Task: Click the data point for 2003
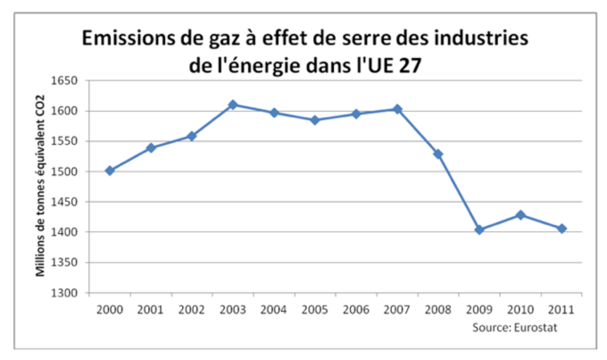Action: point(233,105)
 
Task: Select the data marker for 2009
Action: point(479,230)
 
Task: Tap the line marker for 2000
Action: point(110,171)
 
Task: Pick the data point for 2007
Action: point(397,109)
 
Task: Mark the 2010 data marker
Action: point(520,214)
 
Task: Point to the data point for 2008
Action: point(438,154)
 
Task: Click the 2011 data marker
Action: point(561,229)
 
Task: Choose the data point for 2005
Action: point(315,120)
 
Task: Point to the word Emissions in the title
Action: point(129,38)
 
